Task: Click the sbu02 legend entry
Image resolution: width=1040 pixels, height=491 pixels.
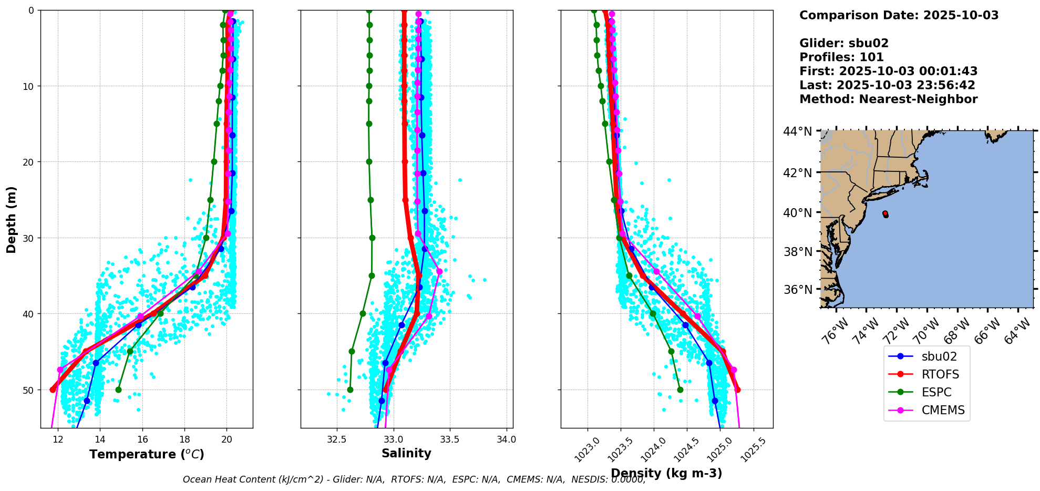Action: tap(939, 356)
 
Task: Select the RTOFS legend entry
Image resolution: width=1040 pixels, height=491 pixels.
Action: tap(940, 374)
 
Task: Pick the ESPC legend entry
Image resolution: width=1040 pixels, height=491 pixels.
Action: tap(936, 392)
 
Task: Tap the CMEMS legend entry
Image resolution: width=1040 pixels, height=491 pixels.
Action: tap(943, 410)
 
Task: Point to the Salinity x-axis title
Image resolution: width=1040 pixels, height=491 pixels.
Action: tap(406, 454)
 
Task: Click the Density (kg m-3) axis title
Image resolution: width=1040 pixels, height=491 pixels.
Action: tap(666, 473)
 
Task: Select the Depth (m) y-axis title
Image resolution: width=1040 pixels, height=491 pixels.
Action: tap(12, 219)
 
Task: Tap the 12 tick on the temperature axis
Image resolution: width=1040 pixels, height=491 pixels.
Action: tap(58, 439)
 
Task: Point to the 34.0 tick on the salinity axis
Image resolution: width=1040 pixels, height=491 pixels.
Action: tap(506, 439)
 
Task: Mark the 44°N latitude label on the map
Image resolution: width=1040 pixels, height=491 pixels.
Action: tap(798, 131)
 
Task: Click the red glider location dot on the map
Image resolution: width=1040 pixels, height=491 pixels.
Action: tap(885, 213)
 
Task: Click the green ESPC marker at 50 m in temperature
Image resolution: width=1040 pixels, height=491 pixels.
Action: tap(118, 390)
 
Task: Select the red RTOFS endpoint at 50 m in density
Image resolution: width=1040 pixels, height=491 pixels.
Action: tap(738, 390)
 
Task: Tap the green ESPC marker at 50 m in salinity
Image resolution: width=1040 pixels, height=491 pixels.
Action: tap(350, 390)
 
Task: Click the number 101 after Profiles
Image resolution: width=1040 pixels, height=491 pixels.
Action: tap(872, 57)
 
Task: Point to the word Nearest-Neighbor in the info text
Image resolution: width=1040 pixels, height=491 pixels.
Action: tap(919, 99)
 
